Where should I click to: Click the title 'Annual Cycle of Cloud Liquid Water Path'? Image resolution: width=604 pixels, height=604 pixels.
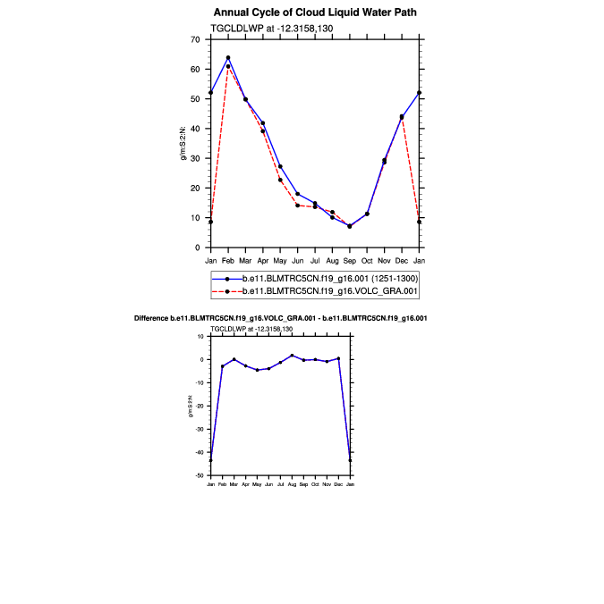coord(315,13)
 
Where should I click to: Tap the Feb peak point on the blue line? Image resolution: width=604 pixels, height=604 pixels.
coord(228,57)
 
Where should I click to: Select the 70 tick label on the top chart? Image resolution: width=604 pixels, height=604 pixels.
coord(194,40)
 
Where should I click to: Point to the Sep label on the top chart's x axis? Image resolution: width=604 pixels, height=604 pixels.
coord(349,260)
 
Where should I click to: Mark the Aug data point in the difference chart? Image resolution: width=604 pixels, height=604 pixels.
coord(292,355)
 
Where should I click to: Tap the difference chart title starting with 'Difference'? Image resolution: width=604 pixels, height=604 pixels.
coord(280,318)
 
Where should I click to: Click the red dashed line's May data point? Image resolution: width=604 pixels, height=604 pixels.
coord(280,180)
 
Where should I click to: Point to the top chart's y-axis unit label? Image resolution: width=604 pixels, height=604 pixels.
coord(183,143)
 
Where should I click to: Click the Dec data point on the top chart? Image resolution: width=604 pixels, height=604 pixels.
coord(402,117)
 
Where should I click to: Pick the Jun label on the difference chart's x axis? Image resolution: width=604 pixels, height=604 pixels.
coord(268,483)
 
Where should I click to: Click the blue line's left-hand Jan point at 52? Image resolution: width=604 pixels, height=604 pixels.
coord(210,92)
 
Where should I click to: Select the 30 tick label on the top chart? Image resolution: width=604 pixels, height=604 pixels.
coord(194,158)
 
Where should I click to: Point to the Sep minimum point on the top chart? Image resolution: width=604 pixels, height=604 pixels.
coord(349,226)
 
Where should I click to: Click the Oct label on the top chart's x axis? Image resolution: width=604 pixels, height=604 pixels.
coord(367,260)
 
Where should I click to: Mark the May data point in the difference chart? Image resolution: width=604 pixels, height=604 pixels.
coord(257,370)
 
